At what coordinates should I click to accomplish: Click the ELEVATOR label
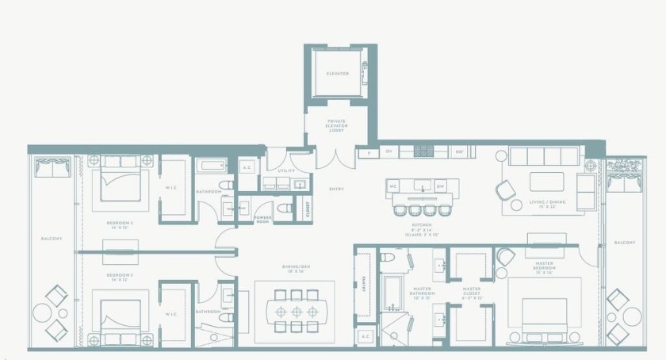[x=338, y=74]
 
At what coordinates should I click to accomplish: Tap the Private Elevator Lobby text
[x=336, y=126]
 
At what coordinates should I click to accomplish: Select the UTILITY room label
[x=285, y=170]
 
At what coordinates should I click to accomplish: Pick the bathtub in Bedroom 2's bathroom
[x=212, y=167]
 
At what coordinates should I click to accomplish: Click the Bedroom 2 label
[x=119, y=225]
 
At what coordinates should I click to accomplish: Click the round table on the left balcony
[x=42, y=313]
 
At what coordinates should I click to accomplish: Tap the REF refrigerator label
[x=458, y=151]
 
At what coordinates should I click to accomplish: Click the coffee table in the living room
[x=546, y=182]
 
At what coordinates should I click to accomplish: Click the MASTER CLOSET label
[x=472, y=290]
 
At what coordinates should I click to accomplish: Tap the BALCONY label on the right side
[x=624, y=243]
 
